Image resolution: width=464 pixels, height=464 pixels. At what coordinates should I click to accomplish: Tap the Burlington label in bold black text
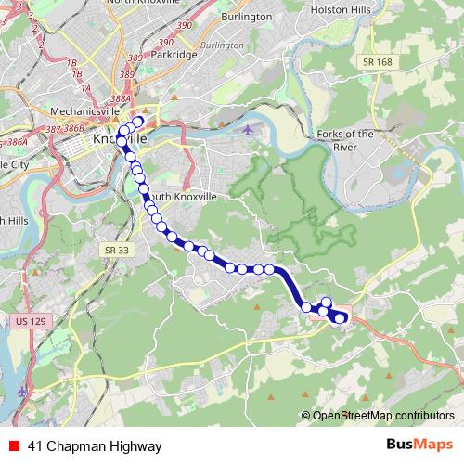point(246,17)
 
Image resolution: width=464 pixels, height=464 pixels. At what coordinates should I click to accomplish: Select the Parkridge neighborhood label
point(174,55)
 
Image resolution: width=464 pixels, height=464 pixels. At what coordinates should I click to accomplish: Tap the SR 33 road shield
point(112,251)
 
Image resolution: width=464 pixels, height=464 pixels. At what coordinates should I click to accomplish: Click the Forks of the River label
point(345,139)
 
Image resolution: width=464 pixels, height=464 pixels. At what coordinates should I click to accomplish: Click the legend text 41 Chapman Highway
point(82,445)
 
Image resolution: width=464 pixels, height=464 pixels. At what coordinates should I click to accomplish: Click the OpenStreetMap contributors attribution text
point(382,415)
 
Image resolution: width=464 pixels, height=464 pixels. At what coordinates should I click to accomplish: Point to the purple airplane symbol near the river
point(248,129)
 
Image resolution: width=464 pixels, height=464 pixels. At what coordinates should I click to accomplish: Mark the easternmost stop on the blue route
point(341,318)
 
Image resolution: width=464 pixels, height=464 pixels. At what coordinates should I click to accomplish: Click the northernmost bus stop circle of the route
point(138,122)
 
